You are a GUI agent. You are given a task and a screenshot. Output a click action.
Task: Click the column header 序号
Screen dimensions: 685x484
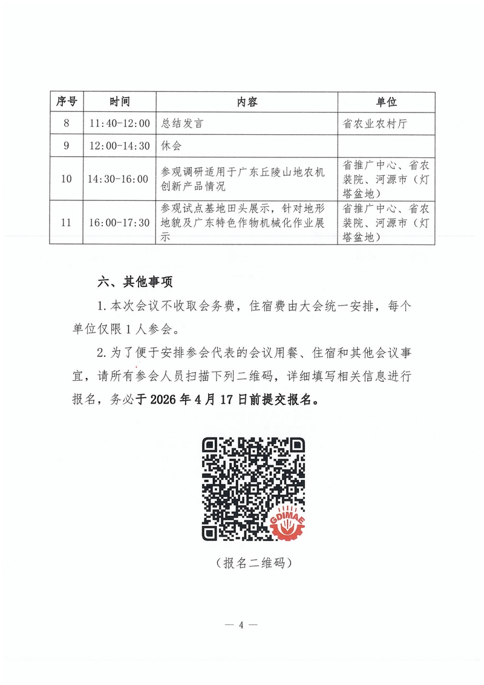66,102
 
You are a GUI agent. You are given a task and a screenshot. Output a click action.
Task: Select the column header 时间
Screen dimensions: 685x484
120,102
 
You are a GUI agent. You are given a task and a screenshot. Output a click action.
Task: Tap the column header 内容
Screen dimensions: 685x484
247,102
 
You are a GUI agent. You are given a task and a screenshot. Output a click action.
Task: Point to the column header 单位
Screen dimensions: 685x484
387,102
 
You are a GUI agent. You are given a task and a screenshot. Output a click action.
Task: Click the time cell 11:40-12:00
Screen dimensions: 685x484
120,123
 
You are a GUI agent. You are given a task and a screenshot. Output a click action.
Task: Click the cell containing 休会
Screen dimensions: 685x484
171,146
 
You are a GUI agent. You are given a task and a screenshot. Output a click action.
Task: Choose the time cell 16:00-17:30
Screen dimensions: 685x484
120,223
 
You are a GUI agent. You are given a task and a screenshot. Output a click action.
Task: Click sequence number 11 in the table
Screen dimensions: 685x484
66,223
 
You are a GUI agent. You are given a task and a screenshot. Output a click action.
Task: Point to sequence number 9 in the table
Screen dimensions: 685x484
66,146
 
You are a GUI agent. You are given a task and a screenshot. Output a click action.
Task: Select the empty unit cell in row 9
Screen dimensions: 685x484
387,146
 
